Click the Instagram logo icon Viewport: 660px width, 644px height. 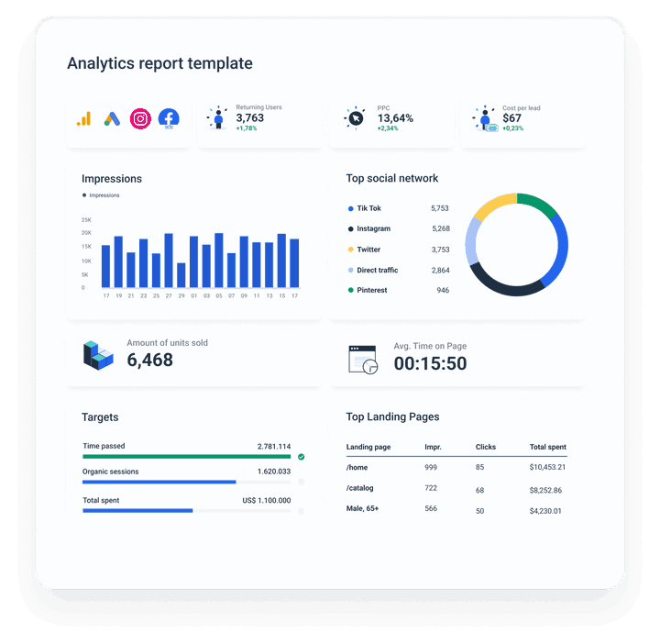[x=140, y=118]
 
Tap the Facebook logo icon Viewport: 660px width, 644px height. [x=168, y=118]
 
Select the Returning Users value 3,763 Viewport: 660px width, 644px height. [x=249, y=118]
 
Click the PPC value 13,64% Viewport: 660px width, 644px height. [x=395, y=118]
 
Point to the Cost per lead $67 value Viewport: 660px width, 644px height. [x=511, y=118]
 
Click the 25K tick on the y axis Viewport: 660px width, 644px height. [x=86, y=220]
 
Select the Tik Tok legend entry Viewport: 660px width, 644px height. [x=368, y=208]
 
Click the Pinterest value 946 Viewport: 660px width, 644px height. [x=443, y=290]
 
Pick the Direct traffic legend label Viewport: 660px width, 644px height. [x=377, y=270]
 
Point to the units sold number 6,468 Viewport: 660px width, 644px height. [x=149, y=361]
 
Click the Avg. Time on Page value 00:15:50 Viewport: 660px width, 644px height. [x=430, y=363]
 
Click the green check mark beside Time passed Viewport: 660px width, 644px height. [x=301, y=456]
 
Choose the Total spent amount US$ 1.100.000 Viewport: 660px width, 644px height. [x=267, y=500]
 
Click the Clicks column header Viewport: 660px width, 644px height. [x=486, y=447]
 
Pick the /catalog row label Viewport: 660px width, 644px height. [x=360, y=488]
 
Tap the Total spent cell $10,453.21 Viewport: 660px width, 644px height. [x=547, y=467]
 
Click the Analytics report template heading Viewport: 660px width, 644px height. [x=159, y=63]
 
